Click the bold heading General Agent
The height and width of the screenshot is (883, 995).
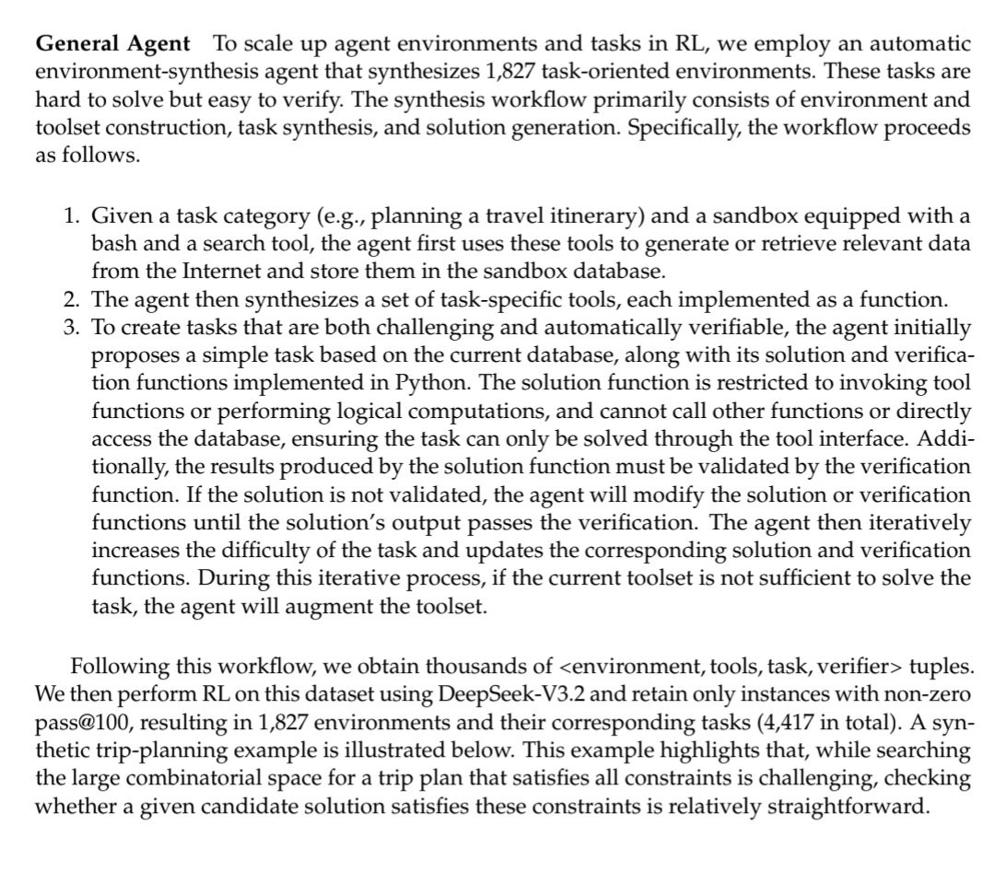(113, 43)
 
